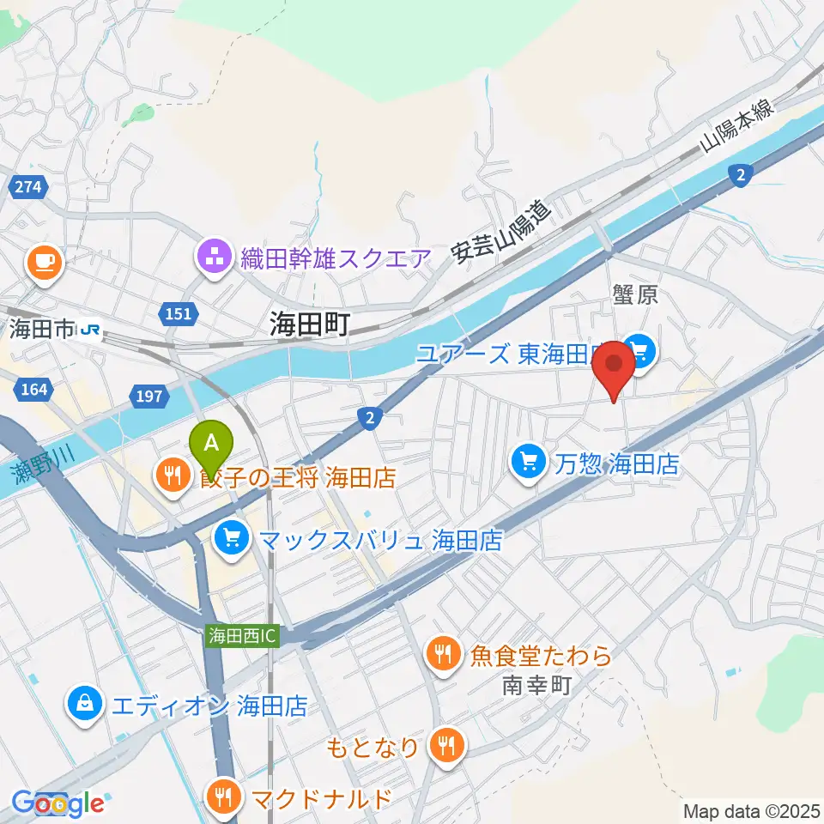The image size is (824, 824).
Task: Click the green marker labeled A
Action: tap(215, 444)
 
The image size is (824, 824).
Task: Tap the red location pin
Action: tap(615, 365)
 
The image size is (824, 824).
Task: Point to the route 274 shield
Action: tap(27, 186)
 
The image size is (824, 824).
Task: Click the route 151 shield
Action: tap(179, 314)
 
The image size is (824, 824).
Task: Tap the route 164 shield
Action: tap(34, 391)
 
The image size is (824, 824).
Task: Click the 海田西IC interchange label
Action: tap(242, 637)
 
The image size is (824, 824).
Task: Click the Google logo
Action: tap(57, 803)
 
